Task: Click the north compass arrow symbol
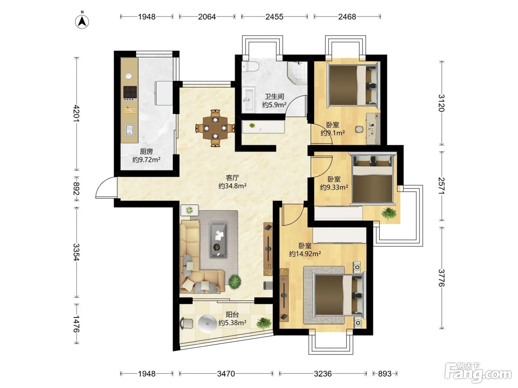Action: click(82, 22)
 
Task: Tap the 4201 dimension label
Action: click(77, 113)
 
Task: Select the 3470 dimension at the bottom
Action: click(226, 373)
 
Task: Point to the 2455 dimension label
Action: click(274, 17)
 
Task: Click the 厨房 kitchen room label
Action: click(146, 151)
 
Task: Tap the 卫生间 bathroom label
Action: click(274, 96)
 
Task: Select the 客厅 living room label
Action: click(232, 178)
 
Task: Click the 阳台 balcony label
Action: click(232, 314)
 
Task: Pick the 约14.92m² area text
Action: click(305, 254)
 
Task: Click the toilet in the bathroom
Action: click(250, 66)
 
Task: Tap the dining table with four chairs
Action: click(215, 128)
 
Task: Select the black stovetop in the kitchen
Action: click(130, 92)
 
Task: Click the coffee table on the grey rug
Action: click(218, 239)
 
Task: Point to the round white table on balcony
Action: click(207, 324)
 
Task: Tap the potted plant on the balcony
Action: click(263, 323)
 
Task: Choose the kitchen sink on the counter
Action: click(129, 130)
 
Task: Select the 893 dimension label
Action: click(385, 373)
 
